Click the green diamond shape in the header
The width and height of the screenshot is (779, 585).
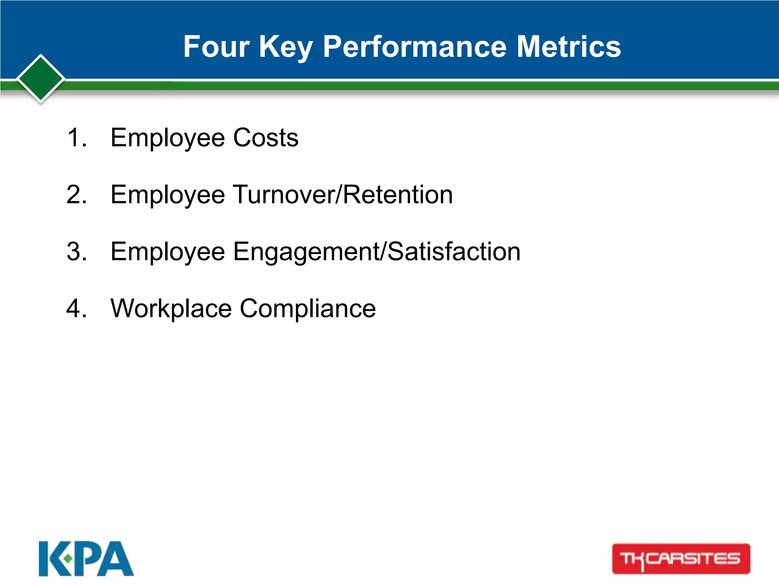pos(41,79)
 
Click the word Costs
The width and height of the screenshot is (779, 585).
pos(265,137)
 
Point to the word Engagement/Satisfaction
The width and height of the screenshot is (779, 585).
pos(377,251)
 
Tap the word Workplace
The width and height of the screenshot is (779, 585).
pos(171,308)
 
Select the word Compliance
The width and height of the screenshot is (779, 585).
pos(308,308)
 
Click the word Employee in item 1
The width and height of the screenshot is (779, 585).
pos(167,137)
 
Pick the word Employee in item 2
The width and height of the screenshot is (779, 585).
pos(167,195)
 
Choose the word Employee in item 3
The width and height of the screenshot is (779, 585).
pos(167,251)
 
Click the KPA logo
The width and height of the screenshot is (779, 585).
pos(86,559)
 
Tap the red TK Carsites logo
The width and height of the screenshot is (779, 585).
pos(681,559)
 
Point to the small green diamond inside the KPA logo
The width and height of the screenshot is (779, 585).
pos(68,559)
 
